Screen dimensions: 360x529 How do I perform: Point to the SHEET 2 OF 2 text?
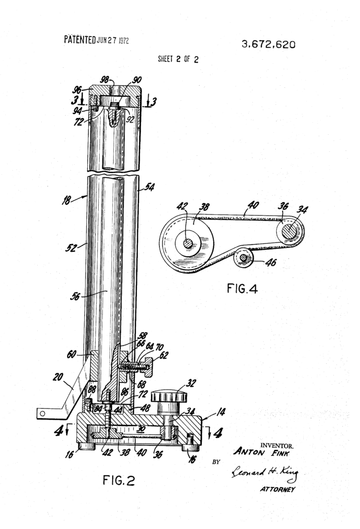178,59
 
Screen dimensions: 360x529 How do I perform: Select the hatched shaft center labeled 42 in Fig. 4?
189,243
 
